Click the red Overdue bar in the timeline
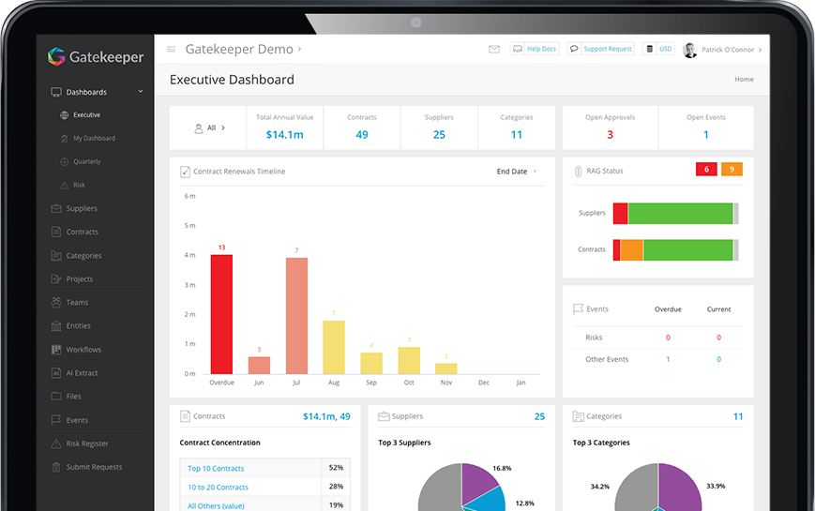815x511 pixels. [x=221, y=314]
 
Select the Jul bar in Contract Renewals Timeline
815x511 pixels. [x=296, y=316]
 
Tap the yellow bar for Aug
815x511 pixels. [x=334, y=347]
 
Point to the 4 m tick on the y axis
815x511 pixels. [x=190, y=255]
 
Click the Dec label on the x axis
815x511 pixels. [x=484, y=383]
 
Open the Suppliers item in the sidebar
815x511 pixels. [x=82, y=208]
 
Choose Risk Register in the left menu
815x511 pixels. [x=87, y=443]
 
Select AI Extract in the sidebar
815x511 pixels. [x=82, y=373]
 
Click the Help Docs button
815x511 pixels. [x=535, y=49]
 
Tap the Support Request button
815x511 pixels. [x=600, y=49]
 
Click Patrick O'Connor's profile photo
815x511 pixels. [x=690, y=50]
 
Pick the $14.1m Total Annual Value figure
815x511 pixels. [x=284, y=135]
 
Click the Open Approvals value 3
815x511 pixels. [x=610, y=135]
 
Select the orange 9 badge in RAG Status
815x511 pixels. [x=732, y=170]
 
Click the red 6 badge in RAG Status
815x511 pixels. [x=706, y=170]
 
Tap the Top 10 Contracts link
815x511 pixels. [x=216, y=468]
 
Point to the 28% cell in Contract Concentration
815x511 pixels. [x=336, y=487]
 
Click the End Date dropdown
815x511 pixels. [x=516, y=172]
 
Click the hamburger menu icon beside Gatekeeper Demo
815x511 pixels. [x=171, y=50]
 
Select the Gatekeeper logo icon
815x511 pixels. [x=56, y=57]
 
